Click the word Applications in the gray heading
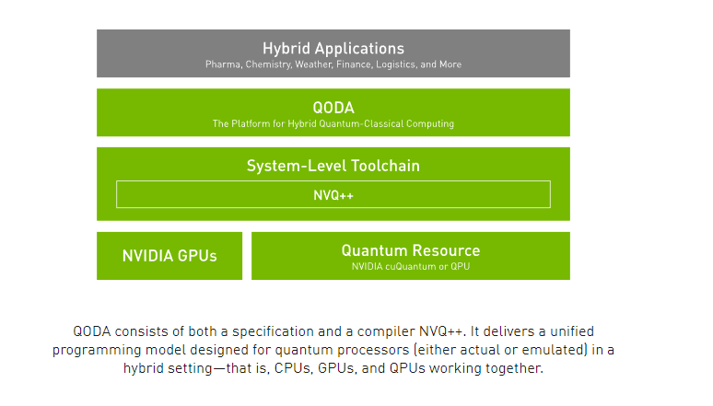357,48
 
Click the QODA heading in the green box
333,107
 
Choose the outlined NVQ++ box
333,194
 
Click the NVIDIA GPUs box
169,256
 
